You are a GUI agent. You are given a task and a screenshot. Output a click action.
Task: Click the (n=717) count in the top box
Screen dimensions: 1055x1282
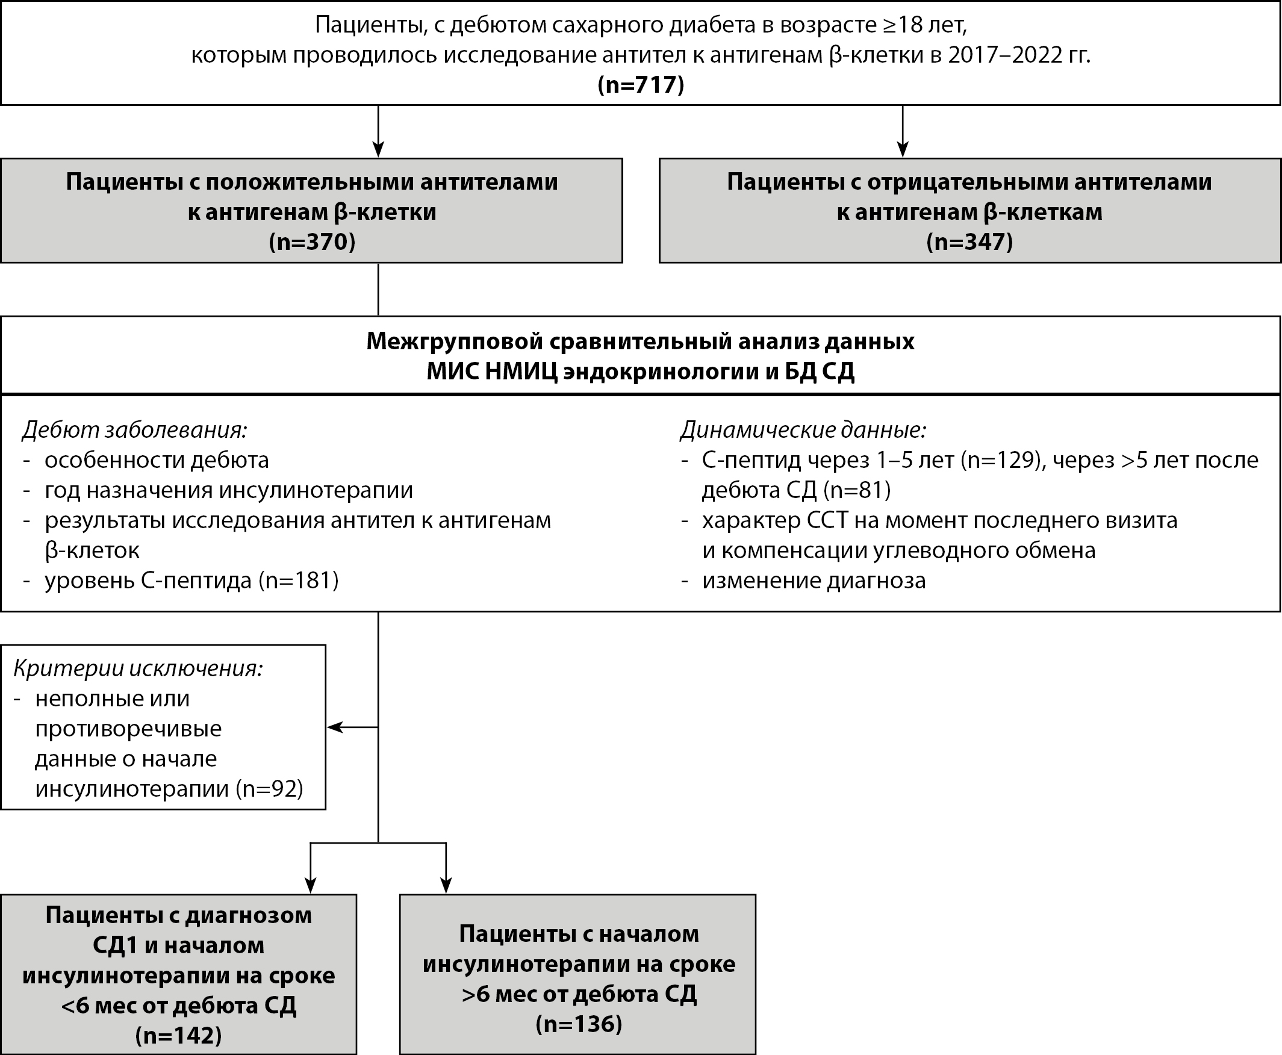[x=640, y=84]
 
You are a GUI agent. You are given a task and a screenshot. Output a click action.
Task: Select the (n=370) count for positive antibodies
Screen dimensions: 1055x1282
[x=312, y=242]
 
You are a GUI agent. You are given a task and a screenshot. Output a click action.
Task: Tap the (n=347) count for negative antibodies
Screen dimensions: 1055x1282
[x=969, y=242]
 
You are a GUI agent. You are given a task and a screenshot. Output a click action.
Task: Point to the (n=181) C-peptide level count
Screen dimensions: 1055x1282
[x=298, y=580]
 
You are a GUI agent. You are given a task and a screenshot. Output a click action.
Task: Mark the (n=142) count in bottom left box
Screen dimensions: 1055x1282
[x=178, y=1035]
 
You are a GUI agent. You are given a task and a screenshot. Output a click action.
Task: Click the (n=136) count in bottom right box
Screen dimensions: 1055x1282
[x=579, y=1024]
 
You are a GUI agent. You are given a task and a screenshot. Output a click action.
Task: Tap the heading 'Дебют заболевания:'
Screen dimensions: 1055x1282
[x=135, y=430]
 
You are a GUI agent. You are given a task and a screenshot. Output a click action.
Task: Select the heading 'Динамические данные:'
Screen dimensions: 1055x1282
[x=803, y=430]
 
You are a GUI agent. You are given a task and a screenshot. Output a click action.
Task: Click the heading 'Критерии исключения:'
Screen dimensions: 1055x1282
[x=138, y=668]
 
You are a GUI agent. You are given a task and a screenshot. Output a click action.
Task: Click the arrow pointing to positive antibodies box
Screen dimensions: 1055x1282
[x=378, y=148]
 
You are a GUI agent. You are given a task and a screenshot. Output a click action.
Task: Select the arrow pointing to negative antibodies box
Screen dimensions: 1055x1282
[x=903, y=148]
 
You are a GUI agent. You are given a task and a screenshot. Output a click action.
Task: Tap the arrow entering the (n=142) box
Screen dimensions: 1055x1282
[x=311, y=885]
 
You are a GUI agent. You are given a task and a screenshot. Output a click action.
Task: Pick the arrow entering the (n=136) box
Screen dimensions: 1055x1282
[x=446, y=885]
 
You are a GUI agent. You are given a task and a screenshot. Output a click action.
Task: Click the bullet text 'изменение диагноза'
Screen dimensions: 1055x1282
[x=814, y=580]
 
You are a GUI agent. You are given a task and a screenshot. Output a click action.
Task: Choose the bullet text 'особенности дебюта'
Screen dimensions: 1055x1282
[x=157, y=460]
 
